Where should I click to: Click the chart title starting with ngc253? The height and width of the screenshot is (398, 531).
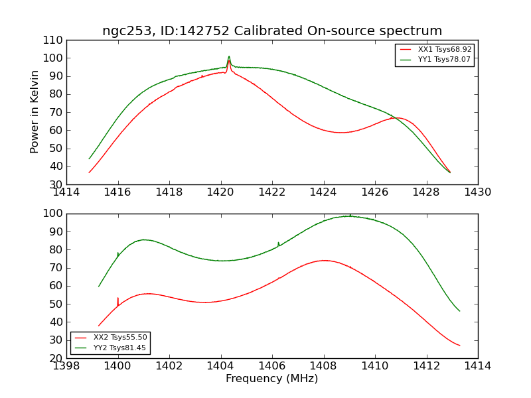272,31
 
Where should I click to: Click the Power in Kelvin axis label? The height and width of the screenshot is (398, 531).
35,111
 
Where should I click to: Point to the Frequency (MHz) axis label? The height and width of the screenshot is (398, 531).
272,379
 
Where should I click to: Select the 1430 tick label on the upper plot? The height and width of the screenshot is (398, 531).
477,192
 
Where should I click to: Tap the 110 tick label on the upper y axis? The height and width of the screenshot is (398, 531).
54,40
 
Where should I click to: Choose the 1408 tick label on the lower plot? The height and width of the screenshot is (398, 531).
323,365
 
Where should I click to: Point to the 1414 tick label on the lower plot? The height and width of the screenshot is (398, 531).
477,365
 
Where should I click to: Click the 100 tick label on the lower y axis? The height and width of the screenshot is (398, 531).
54,214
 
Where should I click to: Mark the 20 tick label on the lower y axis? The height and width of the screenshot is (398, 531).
58,358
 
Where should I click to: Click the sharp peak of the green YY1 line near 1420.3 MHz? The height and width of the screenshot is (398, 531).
229,57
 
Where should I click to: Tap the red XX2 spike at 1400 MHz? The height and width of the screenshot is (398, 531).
118,299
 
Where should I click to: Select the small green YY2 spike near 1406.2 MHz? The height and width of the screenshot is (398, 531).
278,243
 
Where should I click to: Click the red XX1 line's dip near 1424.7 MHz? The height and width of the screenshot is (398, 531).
341,133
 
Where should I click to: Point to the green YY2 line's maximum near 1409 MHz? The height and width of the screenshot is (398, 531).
350,216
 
